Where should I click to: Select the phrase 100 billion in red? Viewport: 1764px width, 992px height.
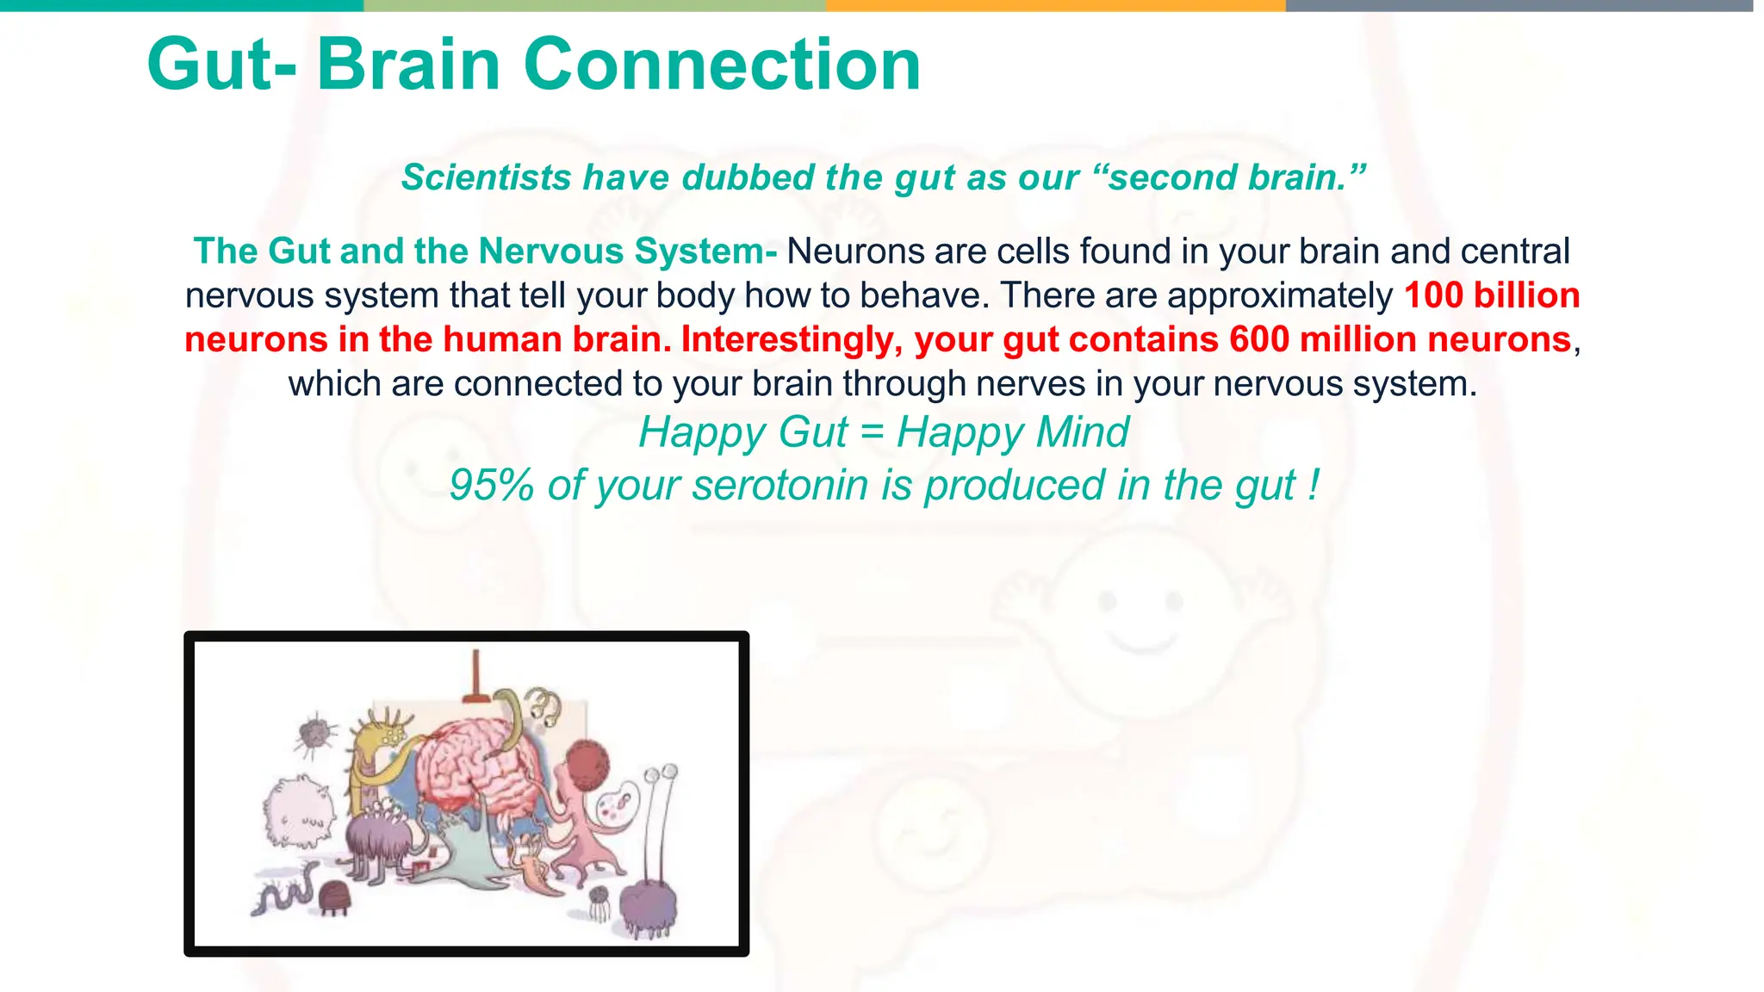pos(1492,295)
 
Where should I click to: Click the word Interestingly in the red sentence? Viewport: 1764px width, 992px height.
pos(791,339)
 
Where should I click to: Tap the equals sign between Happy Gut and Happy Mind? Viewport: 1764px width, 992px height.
pos(872,432)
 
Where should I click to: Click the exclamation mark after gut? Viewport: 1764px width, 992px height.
pos(1313,485)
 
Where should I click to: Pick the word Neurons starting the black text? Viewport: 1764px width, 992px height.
pos(842,251)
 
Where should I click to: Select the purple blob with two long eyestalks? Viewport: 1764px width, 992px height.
pos(649,904)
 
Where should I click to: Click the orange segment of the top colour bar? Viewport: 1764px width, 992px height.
pos(1055,5)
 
